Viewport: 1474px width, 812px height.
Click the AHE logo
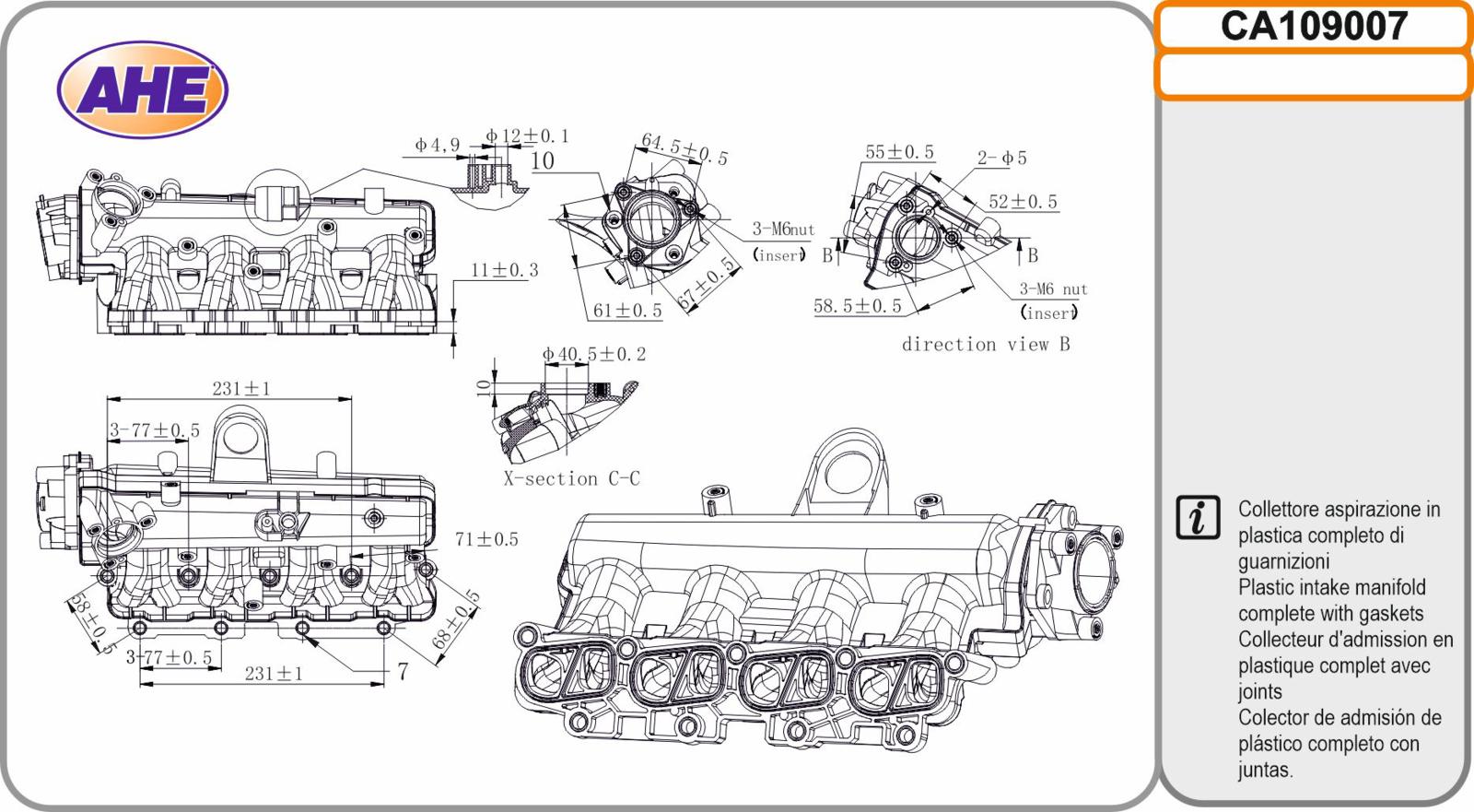coord(143,89)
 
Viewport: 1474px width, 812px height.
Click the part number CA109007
coord(1314,27)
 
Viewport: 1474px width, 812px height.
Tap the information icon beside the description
coord(1198,518)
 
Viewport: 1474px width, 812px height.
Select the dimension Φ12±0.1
coord(526,136)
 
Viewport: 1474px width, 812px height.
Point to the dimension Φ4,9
coord(437,145)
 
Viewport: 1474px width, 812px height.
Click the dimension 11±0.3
coord(504,270)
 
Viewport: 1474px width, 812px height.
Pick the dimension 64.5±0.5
coord(684,148)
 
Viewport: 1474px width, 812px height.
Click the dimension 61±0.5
coord(627,311)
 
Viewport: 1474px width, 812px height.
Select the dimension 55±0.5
coord(899,152)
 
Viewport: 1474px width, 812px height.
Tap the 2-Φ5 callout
coord(1001,158)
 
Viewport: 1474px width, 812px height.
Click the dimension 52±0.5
coord(1023,202)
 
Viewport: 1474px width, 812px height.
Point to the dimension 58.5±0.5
coord(858,306)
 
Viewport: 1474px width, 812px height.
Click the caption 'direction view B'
coord(986,345)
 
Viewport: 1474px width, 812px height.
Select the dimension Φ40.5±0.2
coord(593,354)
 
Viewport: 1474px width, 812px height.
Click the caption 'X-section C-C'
coord(572,478)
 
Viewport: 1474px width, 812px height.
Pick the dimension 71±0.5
coord(486,539)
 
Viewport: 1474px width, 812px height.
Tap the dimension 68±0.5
coord(455,619)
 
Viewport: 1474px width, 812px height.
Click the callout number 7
coord(403,672)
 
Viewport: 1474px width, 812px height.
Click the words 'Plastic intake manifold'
coord(1332,587)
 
